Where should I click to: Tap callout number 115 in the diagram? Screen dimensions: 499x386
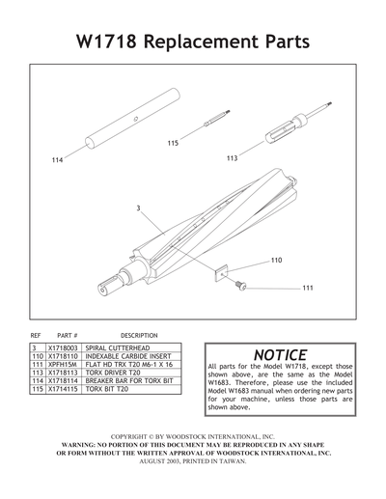173,143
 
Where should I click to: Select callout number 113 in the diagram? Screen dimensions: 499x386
232,157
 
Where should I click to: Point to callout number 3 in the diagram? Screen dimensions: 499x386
139,208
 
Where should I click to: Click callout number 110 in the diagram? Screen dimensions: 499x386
277,261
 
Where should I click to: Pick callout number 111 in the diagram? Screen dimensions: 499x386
308,288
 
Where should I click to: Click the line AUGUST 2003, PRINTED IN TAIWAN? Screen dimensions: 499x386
193,460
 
